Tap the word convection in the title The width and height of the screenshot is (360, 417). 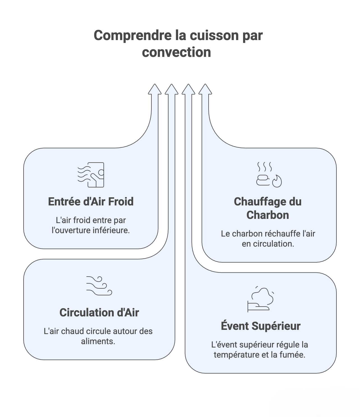[x=176, y=52]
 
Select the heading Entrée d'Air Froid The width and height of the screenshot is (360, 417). [x=91, y=202]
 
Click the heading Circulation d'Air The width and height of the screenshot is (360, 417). [x=99, y=313]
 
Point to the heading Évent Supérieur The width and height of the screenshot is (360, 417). [x=261, y=326]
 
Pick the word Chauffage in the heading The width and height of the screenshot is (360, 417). [x=259, y=202]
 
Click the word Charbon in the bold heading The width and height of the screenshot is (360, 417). [x=268, y=215]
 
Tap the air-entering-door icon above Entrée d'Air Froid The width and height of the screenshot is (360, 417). [x=91, y=175]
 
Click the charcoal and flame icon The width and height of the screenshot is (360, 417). [x=269, y=174]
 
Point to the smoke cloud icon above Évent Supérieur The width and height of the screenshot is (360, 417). [x=261, y=299]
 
